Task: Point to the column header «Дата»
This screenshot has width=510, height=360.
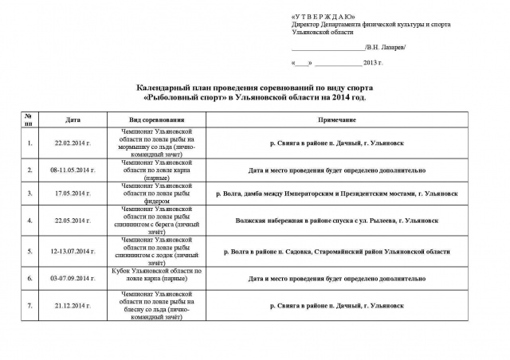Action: [x=74, y=119]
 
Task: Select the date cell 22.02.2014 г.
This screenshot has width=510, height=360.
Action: [x=73, y=144]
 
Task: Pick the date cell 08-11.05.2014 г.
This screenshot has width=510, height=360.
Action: [x=73, y=170]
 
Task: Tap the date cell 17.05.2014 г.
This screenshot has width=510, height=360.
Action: [x=73, y=193]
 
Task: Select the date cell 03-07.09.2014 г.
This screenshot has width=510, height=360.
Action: [x=73, y=279]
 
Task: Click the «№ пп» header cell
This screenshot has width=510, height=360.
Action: [x=29, y=119]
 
